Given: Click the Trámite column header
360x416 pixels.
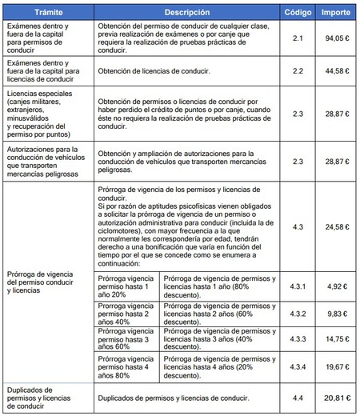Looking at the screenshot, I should click(48, 14).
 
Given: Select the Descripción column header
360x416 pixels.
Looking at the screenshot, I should click(187, 14).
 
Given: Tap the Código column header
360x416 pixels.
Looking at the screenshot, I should click(298, 14).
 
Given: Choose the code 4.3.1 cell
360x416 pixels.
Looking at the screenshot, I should click(298, 284).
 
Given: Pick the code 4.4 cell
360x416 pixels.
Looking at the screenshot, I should click(298, 397).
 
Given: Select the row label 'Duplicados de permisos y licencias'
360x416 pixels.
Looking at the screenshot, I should click(46, 397).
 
